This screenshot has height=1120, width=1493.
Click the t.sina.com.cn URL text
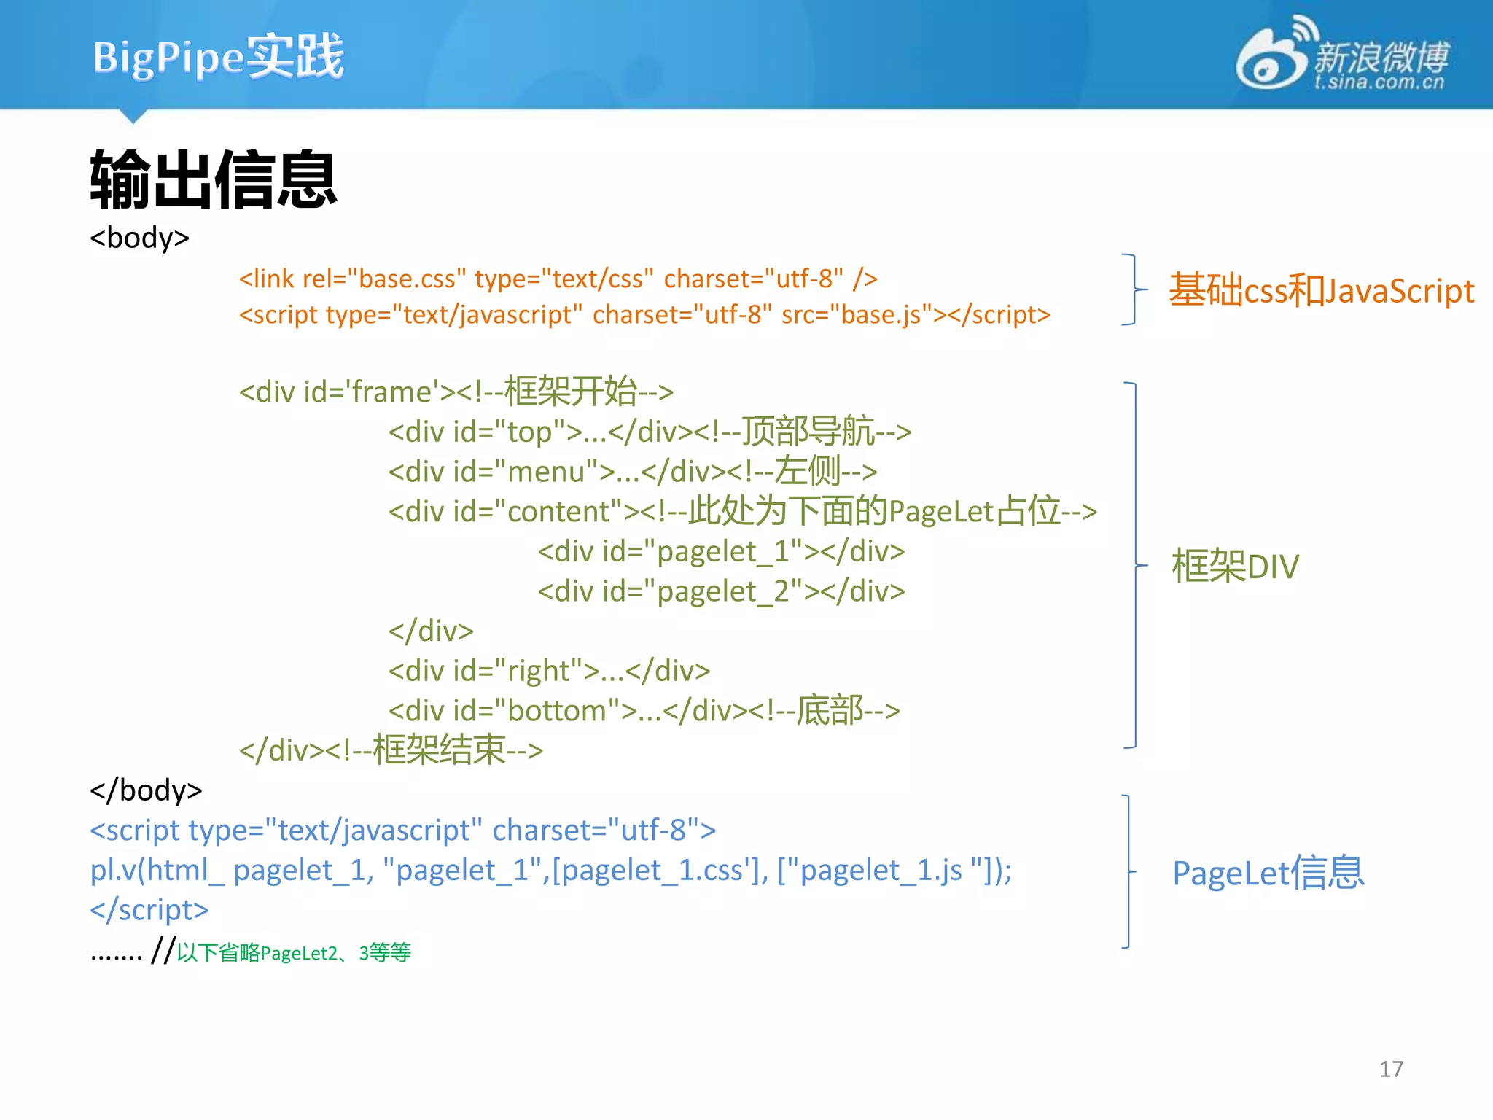pyautogui.click(x=1379, y=82)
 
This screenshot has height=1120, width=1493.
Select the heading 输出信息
pyautogui.click(x=213, y=179)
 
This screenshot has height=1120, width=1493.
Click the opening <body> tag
pyautogui.click(x=139, y=238)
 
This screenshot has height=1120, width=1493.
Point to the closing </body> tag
pyautogui.click(x=146, y=790)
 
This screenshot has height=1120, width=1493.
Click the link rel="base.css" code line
pyautogui.click(x=558, y=279)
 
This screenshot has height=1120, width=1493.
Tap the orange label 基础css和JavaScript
pyautogui.click(x=1321, y=290)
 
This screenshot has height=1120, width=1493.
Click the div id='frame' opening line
pyautogui.click(x=456, y=392)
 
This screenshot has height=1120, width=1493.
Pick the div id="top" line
pyautogui.click(x=649, y=432)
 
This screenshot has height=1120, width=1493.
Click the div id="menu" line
pyautogui.click(x=632, y=472)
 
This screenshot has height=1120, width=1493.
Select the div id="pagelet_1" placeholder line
pyautogui.click(x=721, y=551)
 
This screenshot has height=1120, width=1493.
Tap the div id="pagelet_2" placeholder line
pyautogui.click(x=721, y=591)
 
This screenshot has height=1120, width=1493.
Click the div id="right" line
pyautogui.click(x=549, y=671)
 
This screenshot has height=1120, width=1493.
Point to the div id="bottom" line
pyautogui.click(x=644, y=710)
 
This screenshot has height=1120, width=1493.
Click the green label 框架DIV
pyautogui.click(x=1235, y=567)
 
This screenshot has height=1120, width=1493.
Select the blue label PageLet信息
pyautogui.click(x=1267, y=873)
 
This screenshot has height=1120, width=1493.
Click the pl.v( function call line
pyautogui.click(x=550, y=871)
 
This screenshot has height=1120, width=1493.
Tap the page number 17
pyautogui.click(x=1390, y=1069)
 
